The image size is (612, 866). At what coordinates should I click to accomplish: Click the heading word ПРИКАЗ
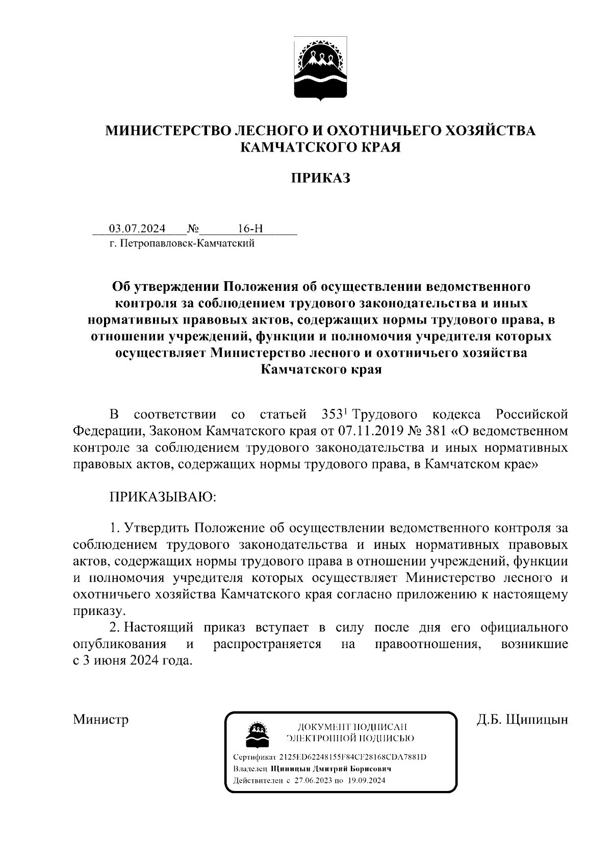[x=320, y=178]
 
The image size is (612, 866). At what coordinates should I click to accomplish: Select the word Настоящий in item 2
[x=159, y=627]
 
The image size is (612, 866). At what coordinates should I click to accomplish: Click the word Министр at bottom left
[x=100, y=720]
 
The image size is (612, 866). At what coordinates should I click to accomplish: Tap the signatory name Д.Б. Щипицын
[x=522, y=720]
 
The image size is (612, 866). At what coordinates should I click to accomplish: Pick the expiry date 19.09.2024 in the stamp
[x=366, y=781]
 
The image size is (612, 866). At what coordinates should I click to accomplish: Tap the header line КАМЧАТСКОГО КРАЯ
[x=320, y=147]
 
